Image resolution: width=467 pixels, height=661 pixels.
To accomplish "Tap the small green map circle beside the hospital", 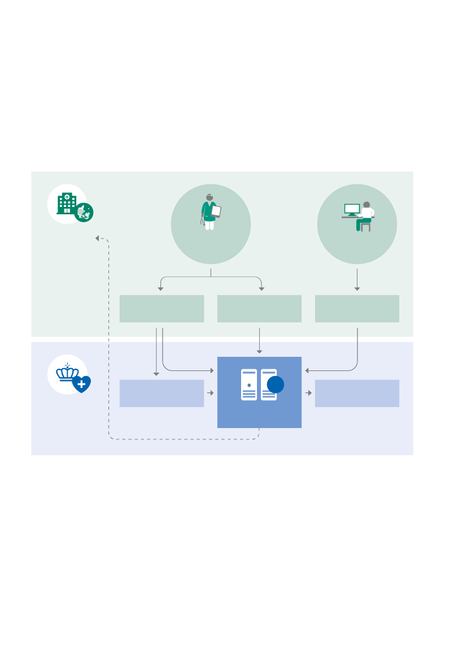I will pos(85,211).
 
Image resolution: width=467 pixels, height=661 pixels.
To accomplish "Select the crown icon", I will pos(67,373).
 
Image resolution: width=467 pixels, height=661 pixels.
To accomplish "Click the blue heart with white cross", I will pos(82,384).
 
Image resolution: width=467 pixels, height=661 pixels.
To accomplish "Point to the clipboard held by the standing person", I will pos(215,211).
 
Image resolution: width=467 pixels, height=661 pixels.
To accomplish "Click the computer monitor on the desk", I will pos(353,210).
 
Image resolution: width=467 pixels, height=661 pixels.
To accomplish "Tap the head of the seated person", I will pos(366,204).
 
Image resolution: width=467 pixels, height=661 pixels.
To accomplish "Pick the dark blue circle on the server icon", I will pos(275,384).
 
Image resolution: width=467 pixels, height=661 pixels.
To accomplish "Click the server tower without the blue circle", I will pos(249,384).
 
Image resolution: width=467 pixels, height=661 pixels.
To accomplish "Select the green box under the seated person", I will pos(357,309).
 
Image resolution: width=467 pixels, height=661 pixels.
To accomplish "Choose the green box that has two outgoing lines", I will pos(162,309).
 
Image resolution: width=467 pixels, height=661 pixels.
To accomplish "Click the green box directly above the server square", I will pos(259,309).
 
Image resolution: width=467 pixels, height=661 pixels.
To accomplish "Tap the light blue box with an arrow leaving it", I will pos(162,394).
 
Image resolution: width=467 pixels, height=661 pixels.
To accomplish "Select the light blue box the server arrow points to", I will pos(357,394).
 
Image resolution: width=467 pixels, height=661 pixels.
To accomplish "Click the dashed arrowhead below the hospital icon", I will pos(98,238).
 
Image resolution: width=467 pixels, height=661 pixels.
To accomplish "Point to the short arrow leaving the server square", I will pos(308,392).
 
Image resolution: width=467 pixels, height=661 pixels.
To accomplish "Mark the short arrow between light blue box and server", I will pos(211,392).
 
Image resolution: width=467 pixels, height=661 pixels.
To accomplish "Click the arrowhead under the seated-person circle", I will pos(357,289).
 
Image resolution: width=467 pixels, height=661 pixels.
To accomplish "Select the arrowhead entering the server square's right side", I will pos(307,371).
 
